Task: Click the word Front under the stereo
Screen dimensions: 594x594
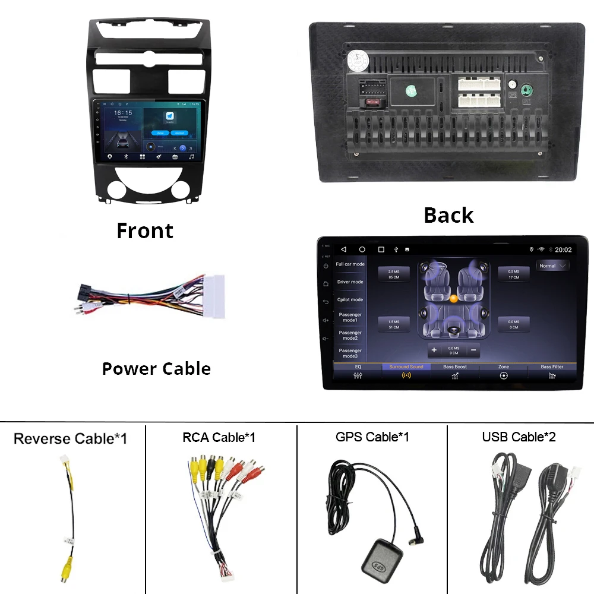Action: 145,230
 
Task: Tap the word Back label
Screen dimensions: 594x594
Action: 448,215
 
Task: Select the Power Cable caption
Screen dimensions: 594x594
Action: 156,368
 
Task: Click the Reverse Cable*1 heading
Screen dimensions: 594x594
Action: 70,438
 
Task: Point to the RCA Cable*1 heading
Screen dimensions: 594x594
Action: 219,437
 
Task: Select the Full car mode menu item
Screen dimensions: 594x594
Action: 350,264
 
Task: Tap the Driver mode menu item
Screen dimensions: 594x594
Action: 350,282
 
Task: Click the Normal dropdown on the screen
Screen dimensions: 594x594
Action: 552,266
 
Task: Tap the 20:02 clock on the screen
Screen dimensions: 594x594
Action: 563,250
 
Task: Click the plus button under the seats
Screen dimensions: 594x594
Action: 434,350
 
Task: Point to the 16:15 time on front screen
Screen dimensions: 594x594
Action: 123,113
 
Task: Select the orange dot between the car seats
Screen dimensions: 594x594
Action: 453,299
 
